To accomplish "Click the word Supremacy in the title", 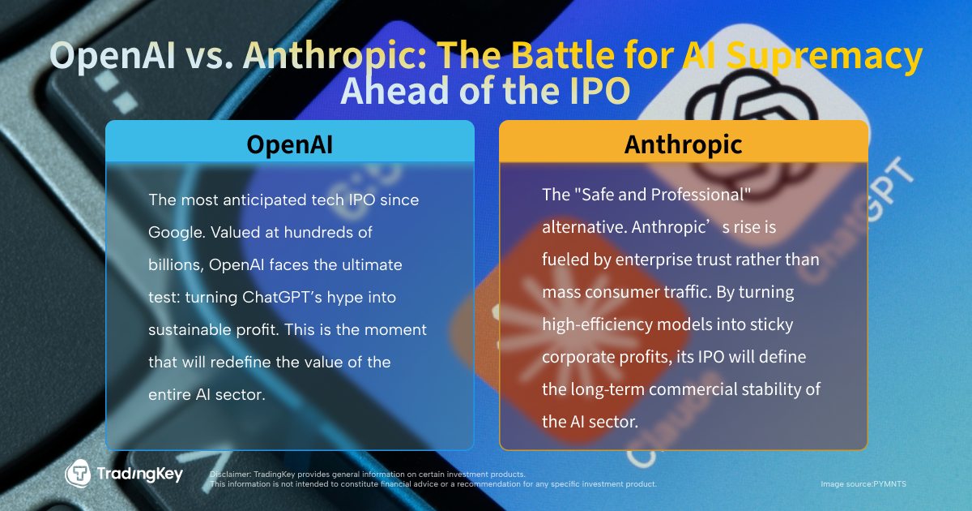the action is click(x=824, y=57).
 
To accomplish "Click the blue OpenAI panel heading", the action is click(x=290, y=144).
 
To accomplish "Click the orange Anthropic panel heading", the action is click(x=684, y=144).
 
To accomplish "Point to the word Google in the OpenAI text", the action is click(x=177, y=233).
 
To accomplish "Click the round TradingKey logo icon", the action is click(x=78, y=473).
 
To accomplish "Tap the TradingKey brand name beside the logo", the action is click(x=139, y=474).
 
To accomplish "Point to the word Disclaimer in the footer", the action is click(x=231, y=474).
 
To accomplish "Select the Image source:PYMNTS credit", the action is click(x=863, y=484).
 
